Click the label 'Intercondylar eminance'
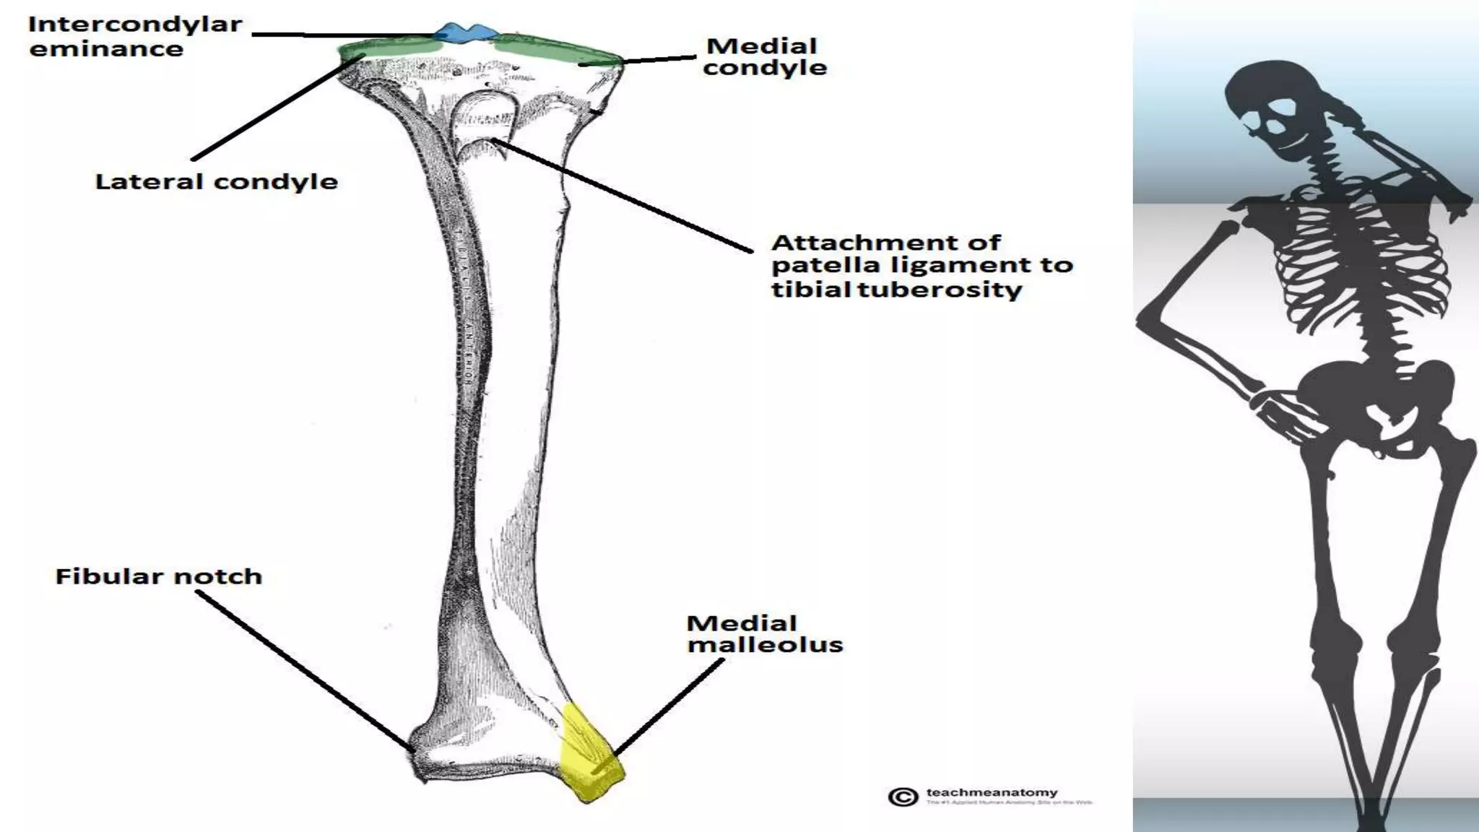(135, 36)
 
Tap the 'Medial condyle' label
(765, 56)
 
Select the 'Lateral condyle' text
(216, 181)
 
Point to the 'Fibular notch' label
(158, 576)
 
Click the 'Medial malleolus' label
(764, 633)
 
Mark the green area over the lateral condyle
(383, 48)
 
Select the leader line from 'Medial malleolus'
(668, 708)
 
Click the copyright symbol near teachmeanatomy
(903, 797)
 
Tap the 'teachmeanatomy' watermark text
(992, 793)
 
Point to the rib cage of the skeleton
(1358, 253)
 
